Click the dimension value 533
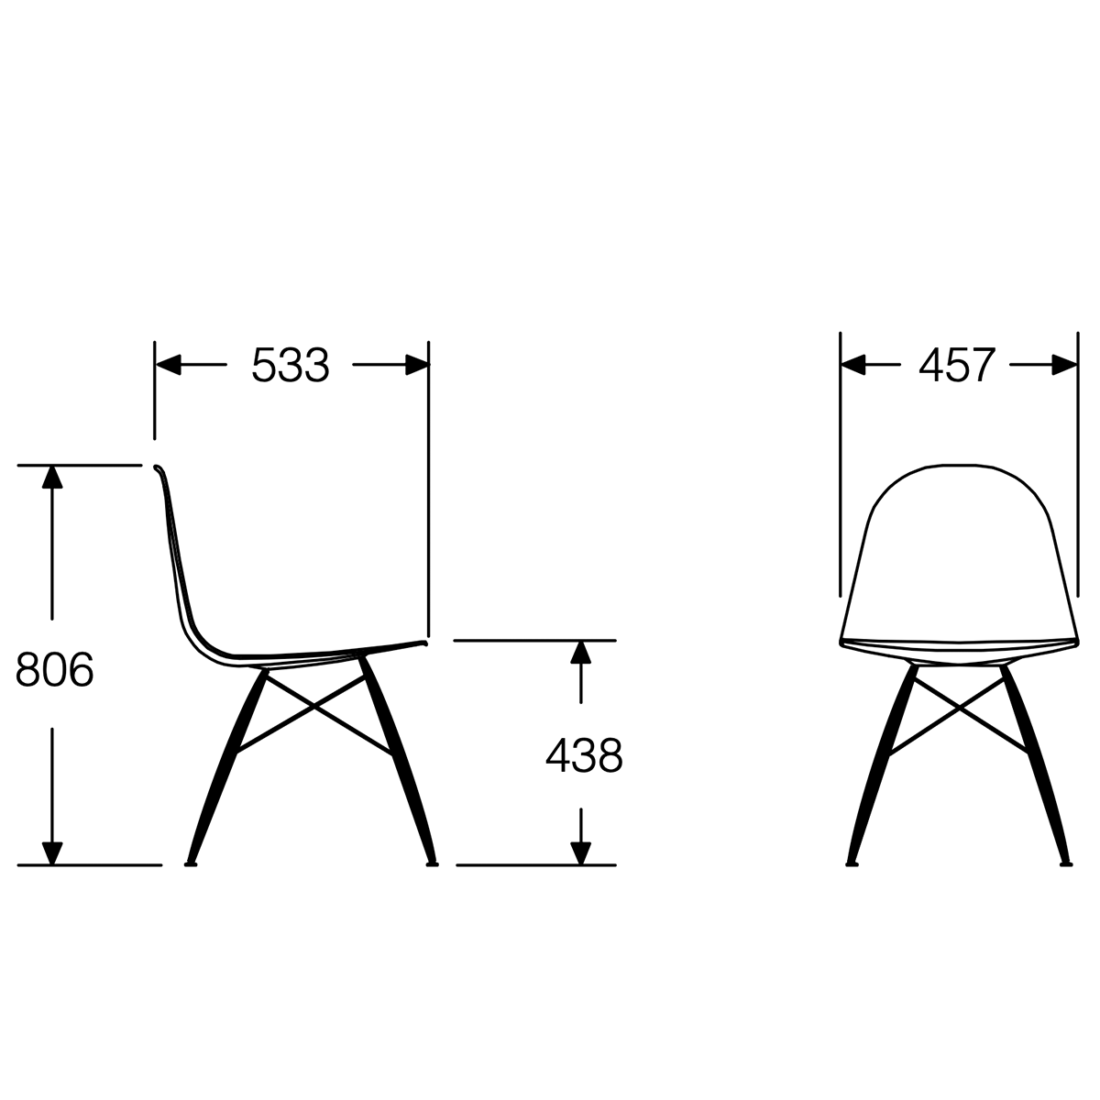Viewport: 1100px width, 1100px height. pyautogui.click(x=291, y=366)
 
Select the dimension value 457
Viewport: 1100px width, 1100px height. pyautogui.click(x=957, y=366)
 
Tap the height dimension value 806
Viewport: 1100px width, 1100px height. pyautogui.click(x=55, y=669)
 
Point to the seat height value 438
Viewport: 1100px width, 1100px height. pyautogui.click(x=584, y=755)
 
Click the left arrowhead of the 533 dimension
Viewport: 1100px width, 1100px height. pyautogui.click(x=169, y=365)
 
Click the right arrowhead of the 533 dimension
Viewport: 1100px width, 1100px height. pyautogui.click(x=417, y=365)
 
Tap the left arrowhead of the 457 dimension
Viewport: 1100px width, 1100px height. pyautogui.click(x=853, y=365)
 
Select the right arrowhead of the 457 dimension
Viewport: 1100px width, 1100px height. pyautogui.click(x=1064, y=365)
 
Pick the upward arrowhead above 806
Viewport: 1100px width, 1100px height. pyautogui.click(x=52, y=478)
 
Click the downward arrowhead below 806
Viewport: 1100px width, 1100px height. pyautogui.click(x=52, y=852)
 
